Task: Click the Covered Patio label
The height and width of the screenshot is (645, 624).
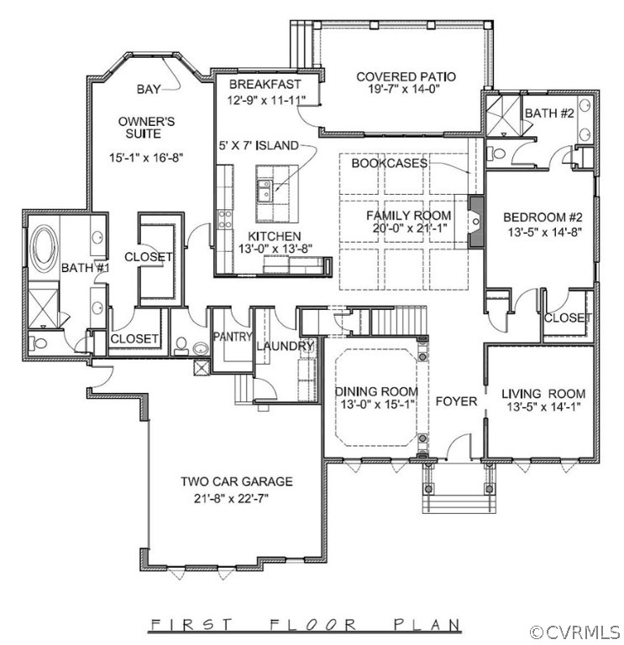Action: [x=406, y=77]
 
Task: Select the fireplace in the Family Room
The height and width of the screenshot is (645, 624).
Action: [x=476, y=222]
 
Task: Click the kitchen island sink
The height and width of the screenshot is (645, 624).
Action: [x=265, y=191]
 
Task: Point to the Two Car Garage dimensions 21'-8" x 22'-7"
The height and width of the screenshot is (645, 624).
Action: [x=231, y=499]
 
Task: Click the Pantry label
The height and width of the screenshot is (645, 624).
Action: [x=233, y=337]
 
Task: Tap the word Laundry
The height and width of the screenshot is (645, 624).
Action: [x=285, y=346]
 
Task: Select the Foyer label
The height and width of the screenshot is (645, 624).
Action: [x=456, y=401]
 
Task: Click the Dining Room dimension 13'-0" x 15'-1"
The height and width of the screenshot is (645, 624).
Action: [x=377, y=404]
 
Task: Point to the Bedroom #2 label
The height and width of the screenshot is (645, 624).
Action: [x=543, y=217]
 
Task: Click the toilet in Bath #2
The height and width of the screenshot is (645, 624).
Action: [x=496, y=154]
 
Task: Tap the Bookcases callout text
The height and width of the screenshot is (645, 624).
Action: [x=390, y=163]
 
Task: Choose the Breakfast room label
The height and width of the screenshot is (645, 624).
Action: [x=265, y=84]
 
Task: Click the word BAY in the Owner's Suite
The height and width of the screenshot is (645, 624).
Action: [x=149, y=89]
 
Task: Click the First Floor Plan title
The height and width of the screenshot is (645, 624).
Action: [x=305, y=625]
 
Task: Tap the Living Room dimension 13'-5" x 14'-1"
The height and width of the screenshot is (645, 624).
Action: [x=543, y=406]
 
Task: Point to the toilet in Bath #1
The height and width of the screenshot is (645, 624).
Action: [x=38, y=343]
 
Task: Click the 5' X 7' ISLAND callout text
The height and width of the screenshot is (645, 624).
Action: [x=259, y=145]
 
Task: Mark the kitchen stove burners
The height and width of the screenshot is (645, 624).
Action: [x=224, y=219]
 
